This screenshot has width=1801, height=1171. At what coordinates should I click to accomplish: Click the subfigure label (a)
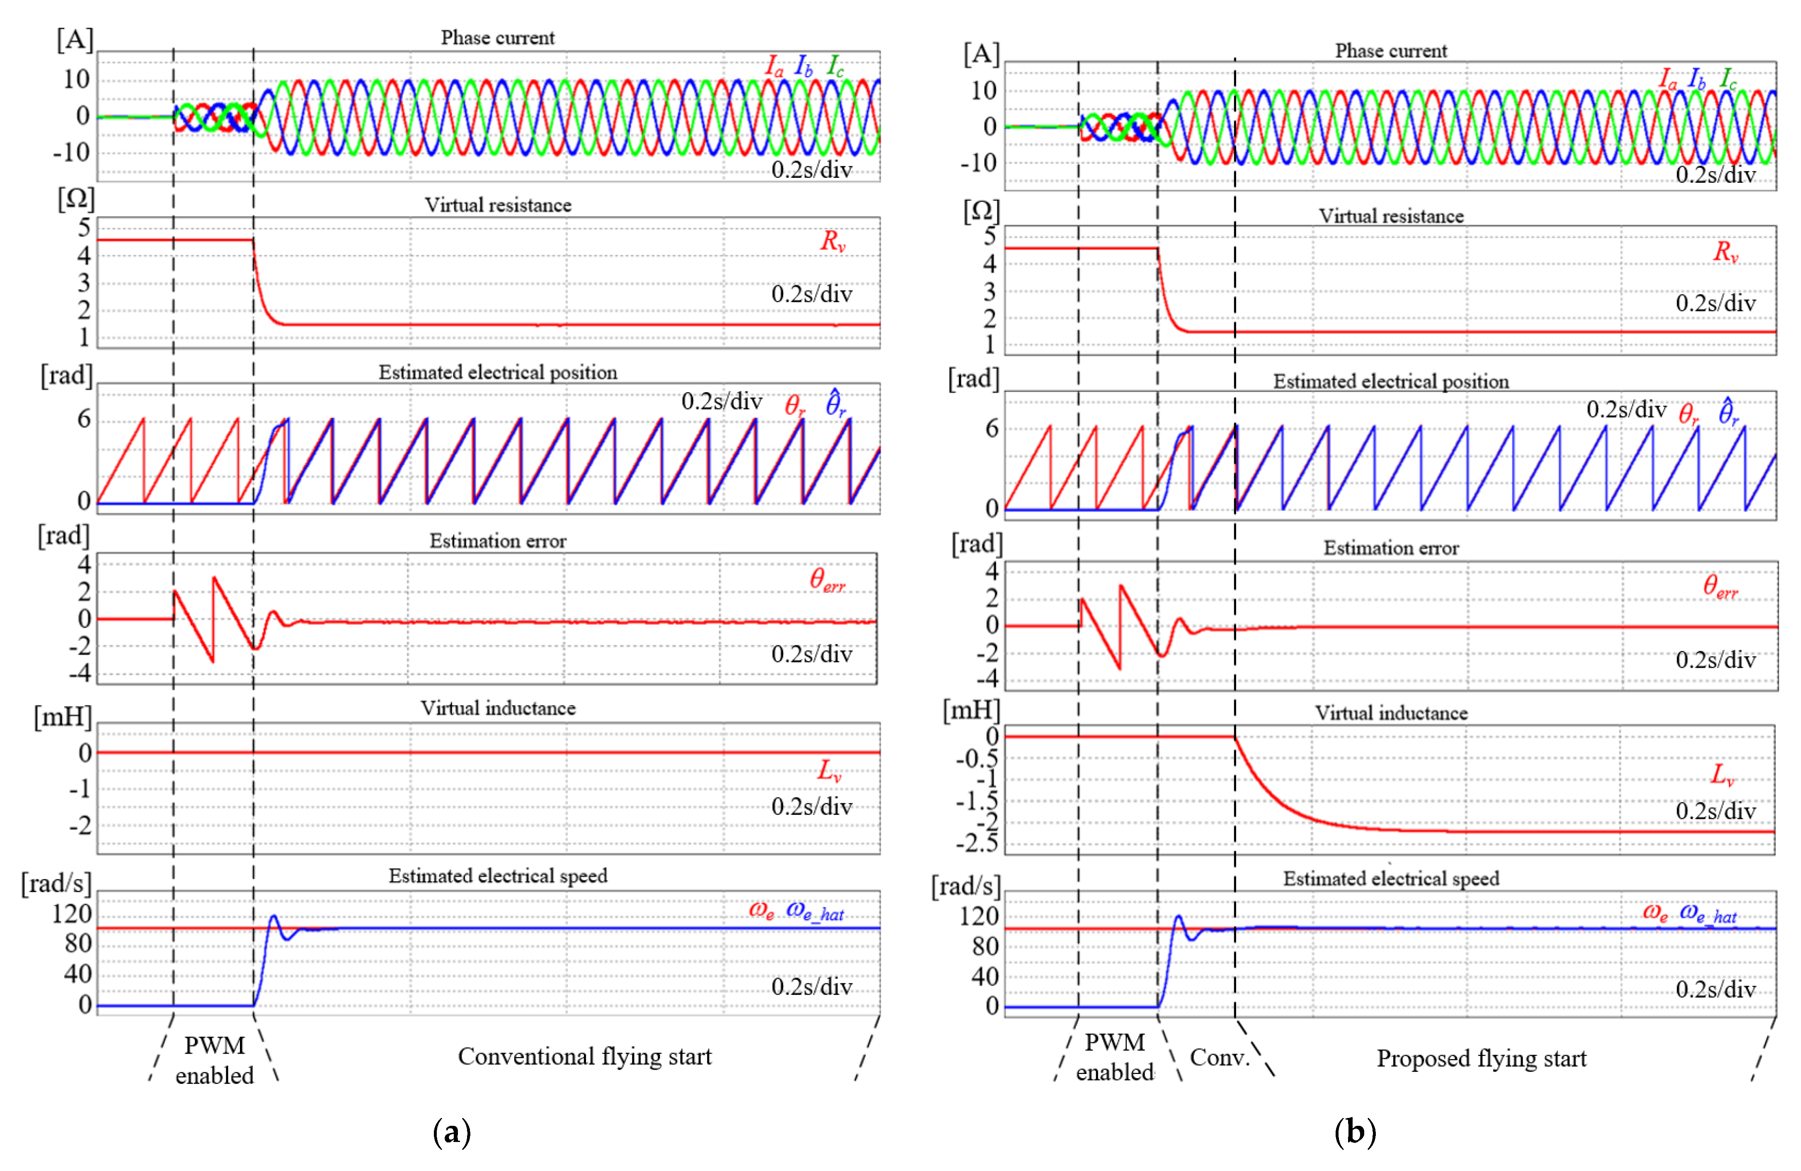[x=452, y=1132]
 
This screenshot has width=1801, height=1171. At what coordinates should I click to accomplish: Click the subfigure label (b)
[x=1355, y=1132]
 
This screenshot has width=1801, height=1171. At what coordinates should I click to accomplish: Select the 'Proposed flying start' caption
[x=1481, y=1058]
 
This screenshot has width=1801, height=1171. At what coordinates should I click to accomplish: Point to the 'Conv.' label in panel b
[x=1218, y=1057]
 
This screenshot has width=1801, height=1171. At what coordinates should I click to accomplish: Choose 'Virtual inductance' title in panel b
[x=1391, y=713]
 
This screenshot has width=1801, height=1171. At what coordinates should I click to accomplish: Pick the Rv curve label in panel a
[x=833, y=242]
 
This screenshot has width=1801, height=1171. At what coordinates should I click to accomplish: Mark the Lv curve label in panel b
[x=1723, y=774]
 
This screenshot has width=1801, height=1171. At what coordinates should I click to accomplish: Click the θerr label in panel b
[x=1720, y=586]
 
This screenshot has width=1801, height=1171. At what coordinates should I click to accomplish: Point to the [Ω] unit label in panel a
[x=76, y=199]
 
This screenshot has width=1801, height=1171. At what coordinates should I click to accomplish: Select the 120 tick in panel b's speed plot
[x=979, y=916]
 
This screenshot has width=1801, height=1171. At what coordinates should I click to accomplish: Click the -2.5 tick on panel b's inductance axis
[x=977, y=842]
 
